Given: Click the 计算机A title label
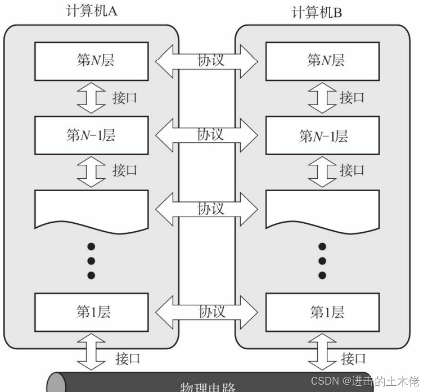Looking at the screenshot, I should click(92, 12).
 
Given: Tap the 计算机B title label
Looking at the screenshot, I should click(317, 12).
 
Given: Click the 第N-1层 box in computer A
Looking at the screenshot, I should click(91, 135).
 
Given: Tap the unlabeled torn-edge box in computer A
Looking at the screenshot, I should click(92, 208).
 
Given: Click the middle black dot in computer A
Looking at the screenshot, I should click(92, 260).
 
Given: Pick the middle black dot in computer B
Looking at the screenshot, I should click(322, 260).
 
